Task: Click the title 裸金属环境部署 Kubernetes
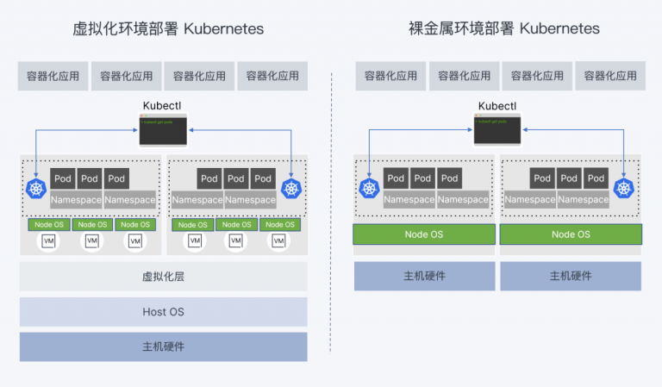503,29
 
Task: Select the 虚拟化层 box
163,277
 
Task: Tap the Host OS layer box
163,311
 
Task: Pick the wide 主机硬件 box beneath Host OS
163,346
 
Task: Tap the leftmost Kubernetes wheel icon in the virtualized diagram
36,189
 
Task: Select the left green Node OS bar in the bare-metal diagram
424,234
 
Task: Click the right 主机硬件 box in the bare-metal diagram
571,277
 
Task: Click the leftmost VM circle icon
49,241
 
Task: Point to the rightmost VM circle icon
278,241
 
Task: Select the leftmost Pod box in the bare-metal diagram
396,178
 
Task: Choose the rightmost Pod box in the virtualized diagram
263,178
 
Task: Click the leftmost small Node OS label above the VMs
49,224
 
